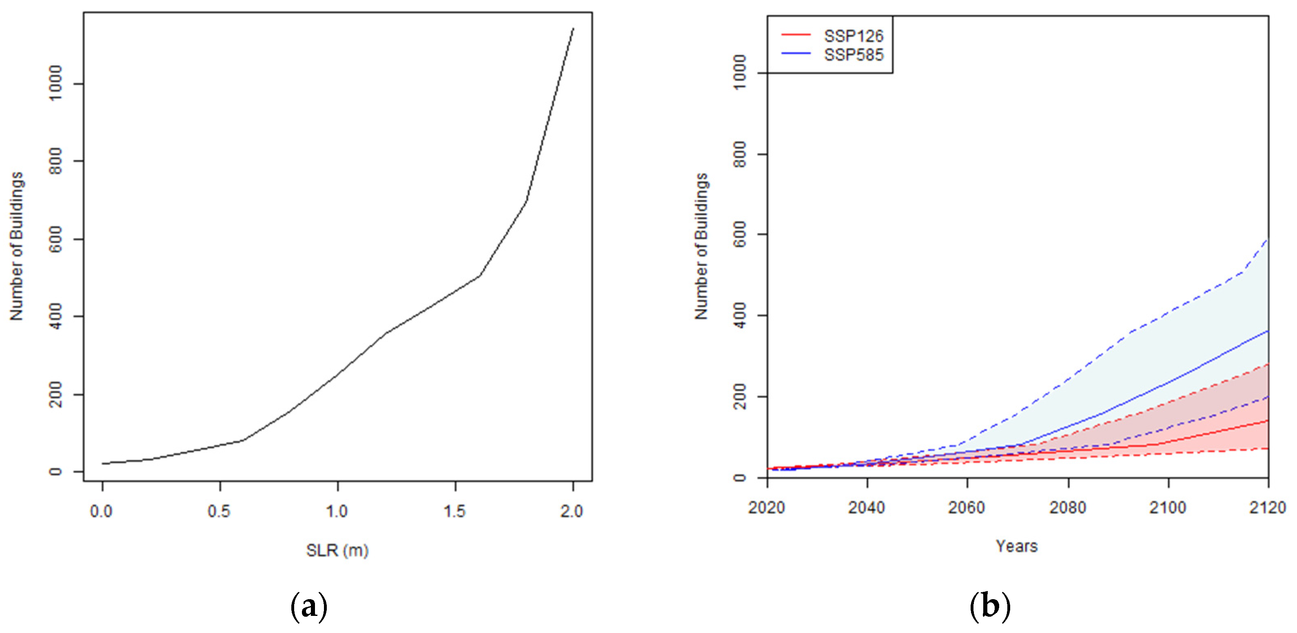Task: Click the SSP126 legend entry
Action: pyautogui.click(x=853, y=36)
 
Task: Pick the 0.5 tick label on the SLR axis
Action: pyautogui.click(x=219, y=512)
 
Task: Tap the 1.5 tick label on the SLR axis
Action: pyautogui.click(x=455, y=512)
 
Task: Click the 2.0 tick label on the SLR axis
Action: pyautogui.click(x=572, y=512)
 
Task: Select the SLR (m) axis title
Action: pyautogui.click(x=337, y=551)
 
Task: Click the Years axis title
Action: pyautogui.click(x=1017, y=546)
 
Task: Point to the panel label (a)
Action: pyautogui.click(x=309, y=607)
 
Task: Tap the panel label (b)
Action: pyautogui.click(x=989, y=607)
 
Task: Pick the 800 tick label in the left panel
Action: pyautogui.click(x=55, y=161)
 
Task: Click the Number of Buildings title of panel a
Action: pyautogui.click(x=17, y=246)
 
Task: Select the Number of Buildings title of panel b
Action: pyautogui.click(x=701, y=246)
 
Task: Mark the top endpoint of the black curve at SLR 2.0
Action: pyautogui.click(x=573, y=29)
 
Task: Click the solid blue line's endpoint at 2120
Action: pyautogui.click(x=1267, y=331)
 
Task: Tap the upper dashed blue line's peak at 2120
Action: pyautogui.click(x=1267, y=240)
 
